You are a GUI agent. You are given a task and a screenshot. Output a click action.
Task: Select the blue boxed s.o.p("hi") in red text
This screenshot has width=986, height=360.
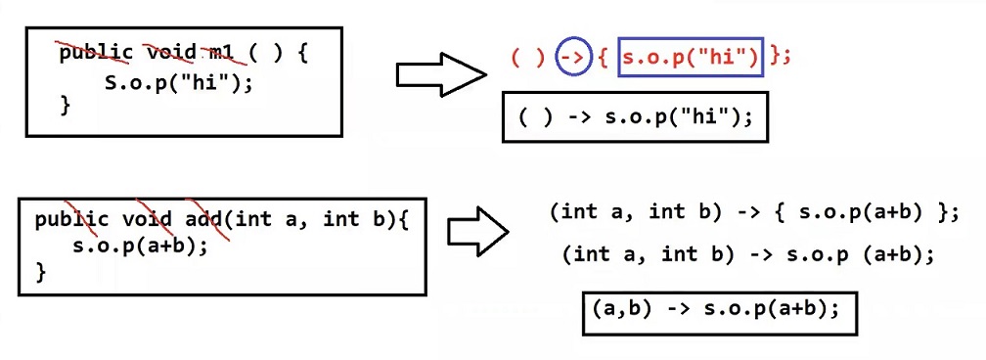click(691, 57)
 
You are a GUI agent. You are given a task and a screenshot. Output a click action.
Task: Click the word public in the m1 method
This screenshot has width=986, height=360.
click(96, 53)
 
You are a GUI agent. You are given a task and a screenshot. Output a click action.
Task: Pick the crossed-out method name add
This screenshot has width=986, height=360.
click(200, 219)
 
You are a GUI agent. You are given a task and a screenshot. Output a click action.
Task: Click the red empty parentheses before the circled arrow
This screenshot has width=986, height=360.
click(527, 57)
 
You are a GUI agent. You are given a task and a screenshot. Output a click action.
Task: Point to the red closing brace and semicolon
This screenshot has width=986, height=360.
click(780, 57)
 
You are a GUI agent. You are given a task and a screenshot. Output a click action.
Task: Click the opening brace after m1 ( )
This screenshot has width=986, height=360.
click(302, 53)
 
